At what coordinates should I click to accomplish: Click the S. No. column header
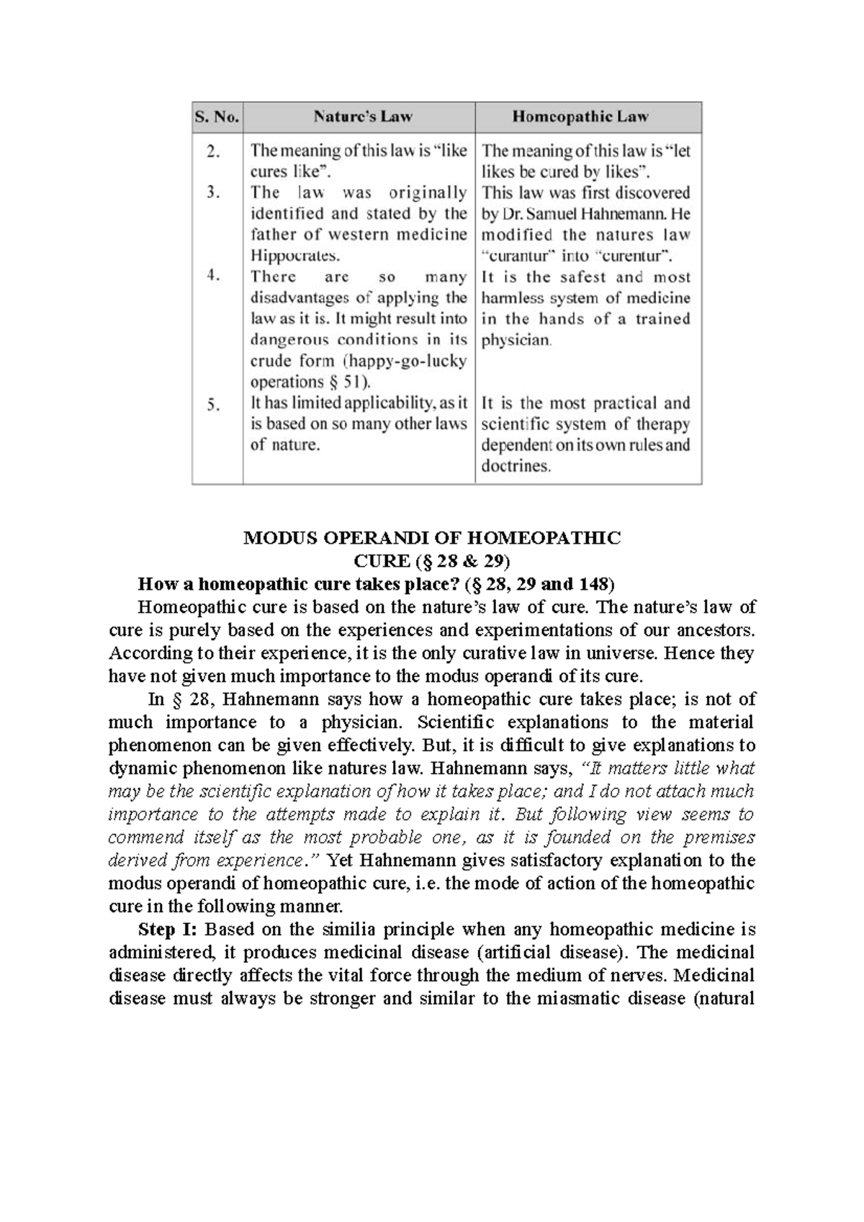coord(216,117)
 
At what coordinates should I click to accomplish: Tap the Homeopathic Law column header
coord(580,117)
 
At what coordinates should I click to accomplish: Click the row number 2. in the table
coord(212,151)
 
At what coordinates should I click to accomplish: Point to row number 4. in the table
coord(213,276)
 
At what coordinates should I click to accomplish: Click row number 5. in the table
coord(213,405)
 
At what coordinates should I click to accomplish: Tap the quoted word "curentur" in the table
coord(632,256)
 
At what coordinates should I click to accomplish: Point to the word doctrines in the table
coord(516,466)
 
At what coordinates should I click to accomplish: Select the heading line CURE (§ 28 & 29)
coord(432,560)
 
